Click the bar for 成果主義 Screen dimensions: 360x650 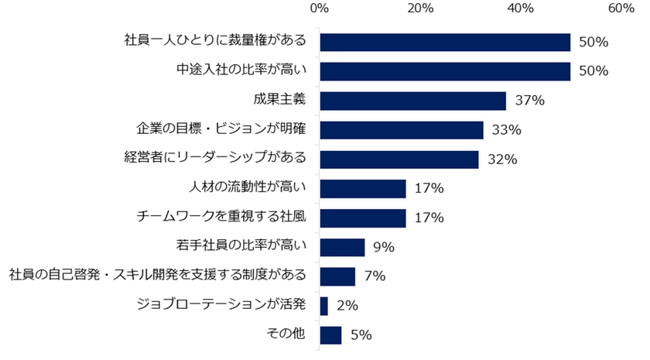(x=412, y=101)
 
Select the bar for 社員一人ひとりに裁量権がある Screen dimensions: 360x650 (x=445, y=42)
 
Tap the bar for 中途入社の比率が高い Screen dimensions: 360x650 (x=445, y=71)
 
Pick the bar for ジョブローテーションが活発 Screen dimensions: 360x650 (x=323, y=306)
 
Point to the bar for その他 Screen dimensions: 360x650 (x=330, y=334)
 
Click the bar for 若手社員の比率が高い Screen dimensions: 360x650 (x=342, y=247)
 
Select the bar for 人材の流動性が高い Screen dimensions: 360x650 (x=362, y=188)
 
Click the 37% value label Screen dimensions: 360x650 (x=525, y=101)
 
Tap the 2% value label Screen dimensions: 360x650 (x=345, y=306)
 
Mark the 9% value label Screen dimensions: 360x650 (x=382, y=247)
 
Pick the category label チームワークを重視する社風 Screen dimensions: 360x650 (x=221, y=217)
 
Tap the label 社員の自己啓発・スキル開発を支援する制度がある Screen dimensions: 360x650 (x=157, y=276)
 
